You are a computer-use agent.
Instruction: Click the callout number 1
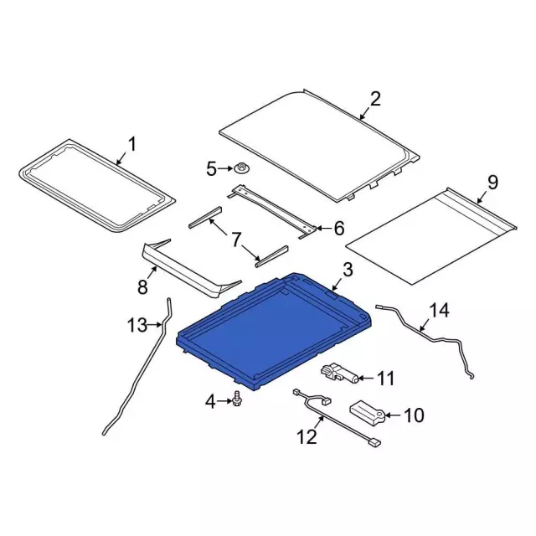[x=131, y=144]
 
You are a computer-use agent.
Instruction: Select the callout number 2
[x=375, y=99]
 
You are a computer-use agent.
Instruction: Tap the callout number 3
[x=348, y=270]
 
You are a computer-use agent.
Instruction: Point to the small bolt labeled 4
[x=235, y=399]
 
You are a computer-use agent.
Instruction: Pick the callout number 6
[x=338, y=229]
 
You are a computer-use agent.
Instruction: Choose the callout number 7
[x=236, y=240]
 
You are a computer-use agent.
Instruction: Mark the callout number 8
[x=142, y=286]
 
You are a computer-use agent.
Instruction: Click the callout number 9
[x=492, y=183]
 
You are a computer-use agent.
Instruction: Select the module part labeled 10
[x=367, y=413]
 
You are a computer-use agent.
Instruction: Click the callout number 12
[x=307, y=436]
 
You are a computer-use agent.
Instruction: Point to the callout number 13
[x=137, y=324]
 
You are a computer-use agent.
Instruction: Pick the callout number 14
[x=439, y=311]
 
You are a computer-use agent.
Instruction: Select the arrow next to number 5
[x=226, y=168]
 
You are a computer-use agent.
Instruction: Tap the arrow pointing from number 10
[x=393, y=415]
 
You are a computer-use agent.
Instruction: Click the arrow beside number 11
[x=366, y=378]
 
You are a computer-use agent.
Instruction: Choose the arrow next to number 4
[x=224, y=400]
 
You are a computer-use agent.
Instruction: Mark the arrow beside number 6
[x=322, y=228]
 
